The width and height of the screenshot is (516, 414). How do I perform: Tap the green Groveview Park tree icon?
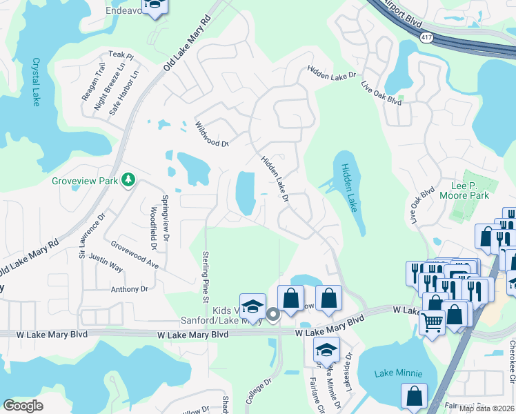128,180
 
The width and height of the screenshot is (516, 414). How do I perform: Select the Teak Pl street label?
120,55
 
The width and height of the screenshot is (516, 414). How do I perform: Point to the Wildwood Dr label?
210,134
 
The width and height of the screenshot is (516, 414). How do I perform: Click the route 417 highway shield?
428,40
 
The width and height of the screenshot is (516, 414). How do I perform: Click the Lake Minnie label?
398,373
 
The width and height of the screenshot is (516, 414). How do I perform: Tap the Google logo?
23,406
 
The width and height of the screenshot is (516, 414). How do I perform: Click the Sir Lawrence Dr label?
91,234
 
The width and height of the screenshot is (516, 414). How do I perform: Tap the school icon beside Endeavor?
156,7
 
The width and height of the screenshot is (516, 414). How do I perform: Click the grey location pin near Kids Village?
272,315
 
